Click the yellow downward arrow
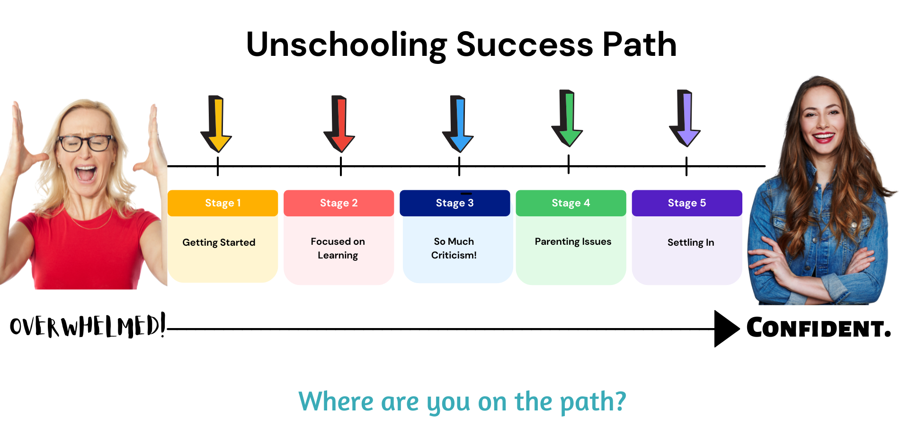(216, 124)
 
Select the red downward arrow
(339, 124)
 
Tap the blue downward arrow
(458, 124)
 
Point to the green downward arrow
(567, 118)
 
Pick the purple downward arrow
(685, 118)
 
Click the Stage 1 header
(223, 203)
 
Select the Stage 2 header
(339, 203)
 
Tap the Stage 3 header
(455, 203)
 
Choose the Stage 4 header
(571, 203)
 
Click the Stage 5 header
(687, 203)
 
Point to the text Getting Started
(219, 242)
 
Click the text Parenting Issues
(573, 242)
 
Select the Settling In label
(691, 242)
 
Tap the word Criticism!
(454, 255)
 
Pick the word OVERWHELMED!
(88, 326)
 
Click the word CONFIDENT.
(819, 328)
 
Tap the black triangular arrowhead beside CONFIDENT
(727, 329)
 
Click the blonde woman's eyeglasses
(86, 143)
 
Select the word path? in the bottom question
(593, 402)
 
